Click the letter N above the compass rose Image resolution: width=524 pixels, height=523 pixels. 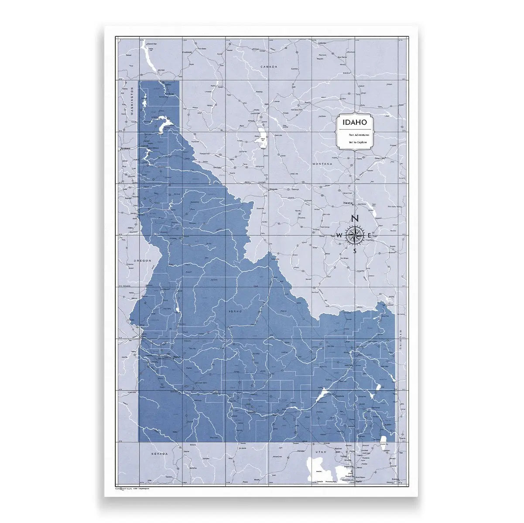tap(355, 219)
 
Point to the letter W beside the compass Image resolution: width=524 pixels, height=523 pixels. tap(339, 236)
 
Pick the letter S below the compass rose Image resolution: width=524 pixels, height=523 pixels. tap(355, 251)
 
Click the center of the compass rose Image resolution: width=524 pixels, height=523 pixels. tap(355, 235)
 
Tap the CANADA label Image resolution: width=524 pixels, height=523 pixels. tap(269, 67)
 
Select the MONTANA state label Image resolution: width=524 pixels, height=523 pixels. tap(322, 164)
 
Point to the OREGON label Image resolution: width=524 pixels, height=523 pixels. tap(142, 260)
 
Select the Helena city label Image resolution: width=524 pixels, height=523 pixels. tap(347, 203)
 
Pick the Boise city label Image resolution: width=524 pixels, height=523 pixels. tap(176, 357)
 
